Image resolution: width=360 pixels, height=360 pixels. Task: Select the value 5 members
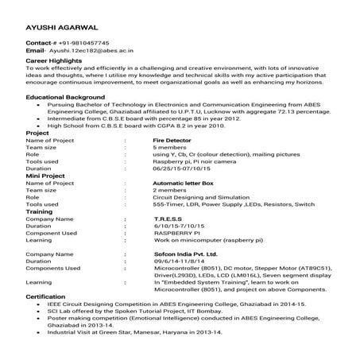170,147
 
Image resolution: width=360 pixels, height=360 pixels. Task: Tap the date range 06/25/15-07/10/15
187,168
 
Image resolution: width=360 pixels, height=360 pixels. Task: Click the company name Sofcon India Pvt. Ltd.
185,254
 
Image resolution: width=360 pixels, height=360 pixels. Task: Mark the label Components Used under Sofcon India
52,268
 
